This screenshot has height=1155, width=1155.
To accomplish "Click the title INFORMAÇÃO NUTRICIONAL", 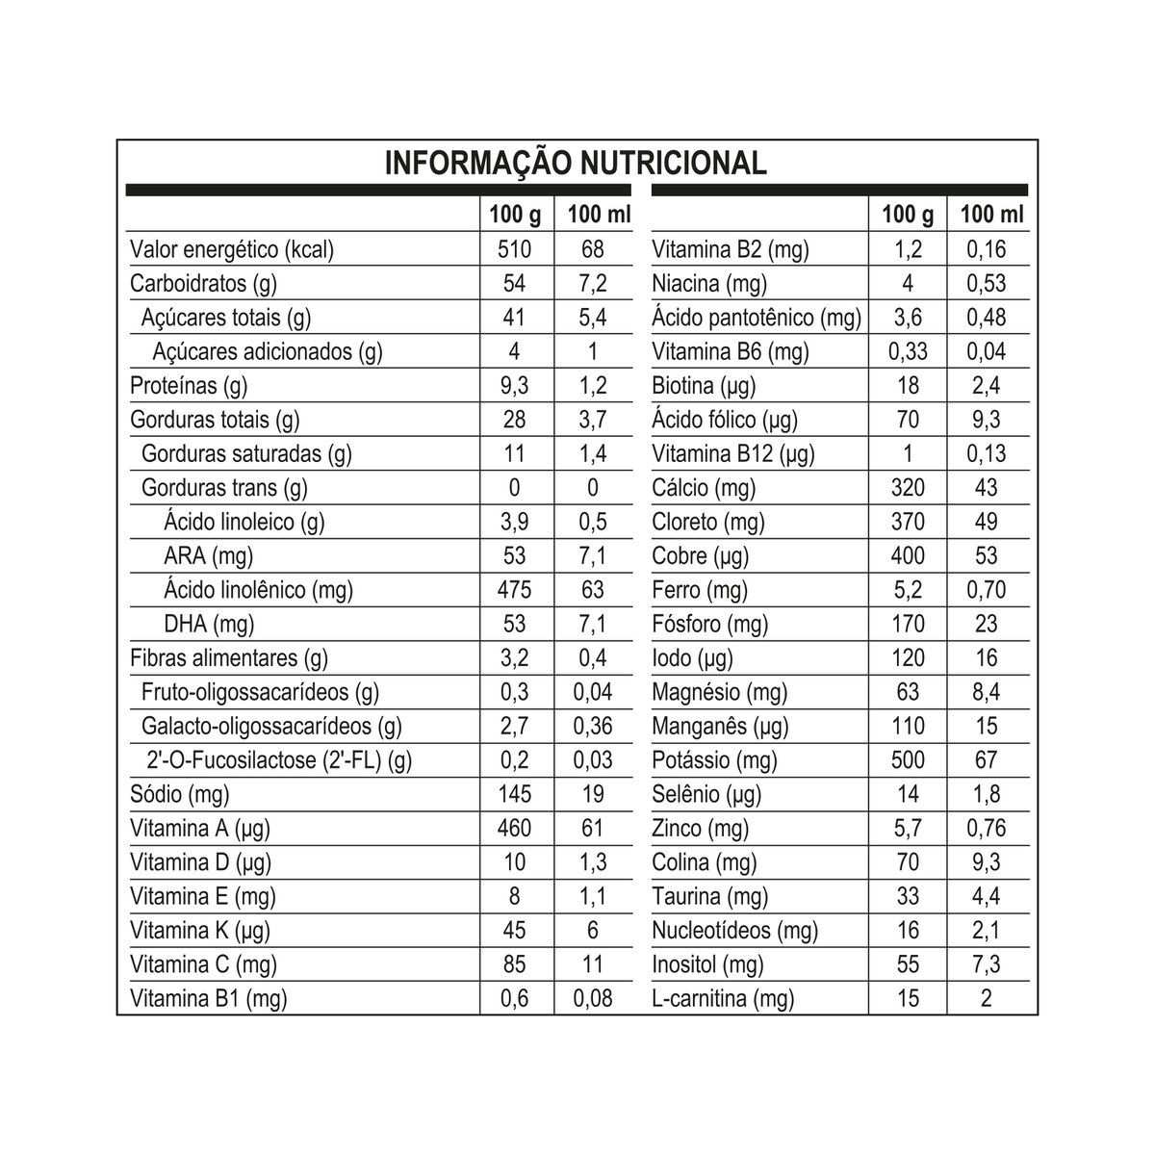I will pyautogui.click(x=576, y=163).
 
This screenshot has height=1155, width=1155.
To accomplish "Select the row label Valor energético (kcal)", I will pyautogui.click(x=231, y=249).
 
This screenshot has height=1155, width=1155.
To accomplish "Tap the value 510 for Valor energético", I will pyautogui.click(x=515, y=249).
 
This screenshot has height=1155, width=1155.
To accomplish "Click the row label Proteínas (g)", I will pyautogui.click(x=189, y=386).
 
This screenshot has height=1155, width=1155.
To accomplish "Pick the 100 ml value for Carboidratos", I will pyautogui.click(x=593, y=283).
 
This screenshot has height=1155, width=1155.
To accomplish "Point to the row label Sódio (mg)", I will pyautogui.click(x=179, y=794).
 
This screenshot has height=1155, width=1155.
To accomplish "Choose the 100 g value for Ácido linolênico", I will pyautogui.click(x=515, y=590).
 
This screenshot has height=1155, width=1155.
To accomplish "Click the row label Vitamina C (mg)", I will pyautogui.click(x=203, y=964).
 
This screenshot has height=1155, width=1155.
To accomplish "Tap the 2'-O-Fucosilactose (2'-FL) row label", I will pyautogui.click(x=279, y=760).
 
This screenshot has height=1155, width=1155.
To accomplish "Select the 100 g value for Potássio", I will pyautogui.click(x=907, y=760).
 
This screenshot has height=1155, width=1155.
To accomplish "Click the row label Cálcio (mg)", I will pyautogui.click(x=704, y=488).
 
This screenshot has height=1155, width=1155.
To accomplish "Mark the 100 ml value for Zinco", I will pyautogui.click(x=986, y=828).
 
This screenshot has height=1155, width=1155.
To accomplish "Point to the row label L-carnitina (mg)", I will pyautogui.click(x=723, y=998).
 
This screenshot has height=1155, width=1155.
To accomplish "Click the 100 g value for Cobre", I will pyautogui.click(x=907, y=555).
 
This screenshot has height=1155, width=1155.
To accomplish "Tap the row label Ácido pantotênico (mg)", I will pyautogui.click(x=757, y=318).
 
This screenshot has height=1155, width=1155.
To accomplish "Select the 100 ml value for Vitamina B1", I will pyautogui.click(x=593, y=998).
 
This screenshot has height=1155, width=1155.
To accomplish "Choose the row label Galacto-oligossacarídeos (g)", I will pyautogui.click(x=271, y=726).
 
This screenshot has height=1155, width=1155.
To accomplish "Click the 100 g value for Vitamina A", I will pyautogui.click(x=515, y=828).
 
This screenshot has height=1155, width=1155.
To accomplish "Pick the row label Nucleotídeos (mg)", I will pyautogui.click(x=734, y=930).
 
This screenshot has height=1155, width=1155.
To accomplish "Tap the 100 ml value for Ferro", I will pyautogui.click(x=986, y=590).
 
